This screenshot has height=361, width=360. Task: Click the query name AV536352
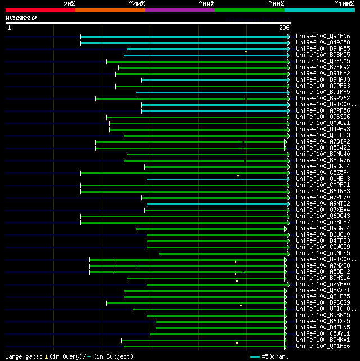point(21,18)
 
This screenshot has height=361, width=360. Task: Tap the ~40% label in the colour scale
point(137,3)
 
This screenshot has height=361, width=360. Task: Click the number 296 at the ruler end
point(283,28)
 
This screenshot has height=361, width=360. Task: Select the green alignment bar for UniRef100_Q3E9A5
point(197,61)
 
